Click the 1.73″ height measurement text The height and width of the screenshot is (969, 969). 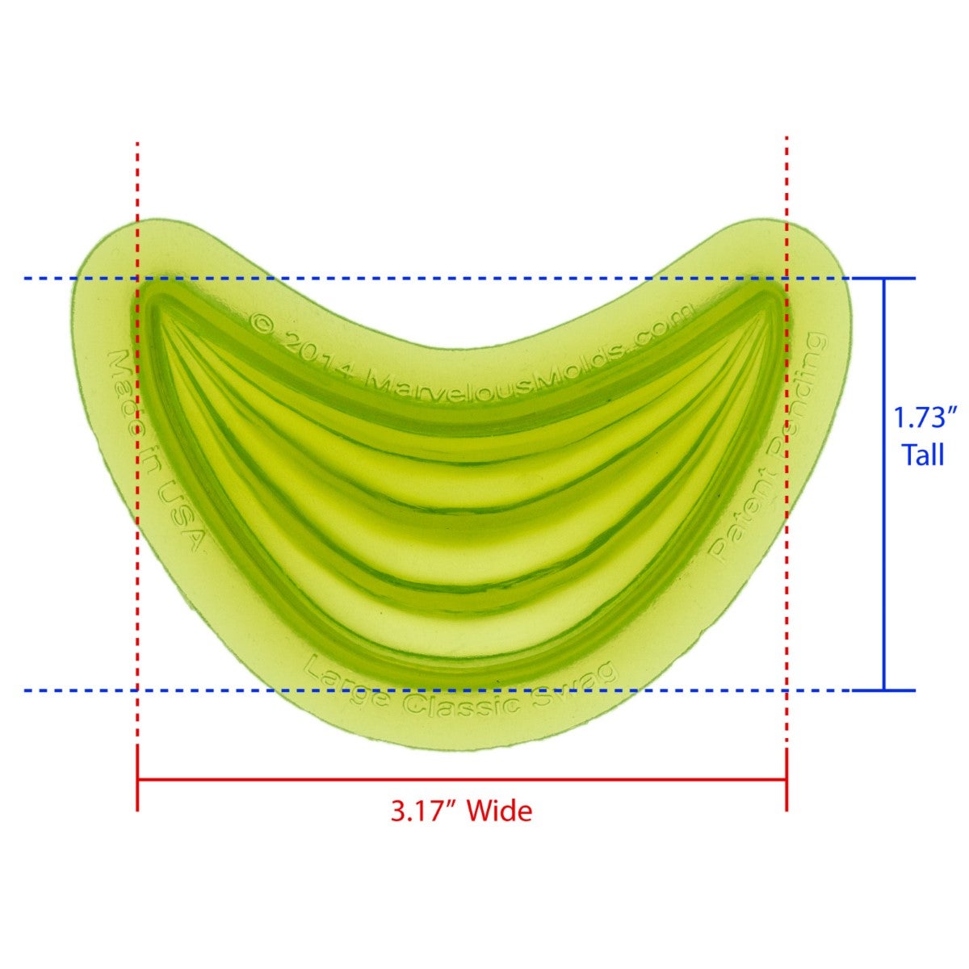924,418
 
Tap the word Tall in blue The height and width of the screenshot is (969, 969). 923,455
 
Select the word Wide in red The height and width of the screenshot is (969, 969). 501,810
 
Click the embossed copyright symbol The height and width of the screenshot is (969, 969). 262,324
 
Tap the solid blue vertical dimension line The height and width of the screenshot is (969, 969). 884,484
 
